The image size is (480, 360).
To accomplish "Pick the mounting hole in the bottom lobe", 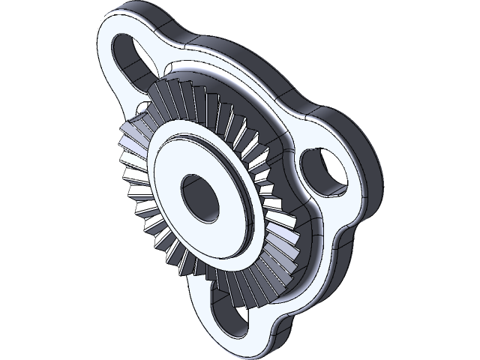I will tap(229, 319).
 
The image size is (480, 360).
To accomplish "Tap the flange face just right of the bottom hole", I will tap(259, 315).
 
